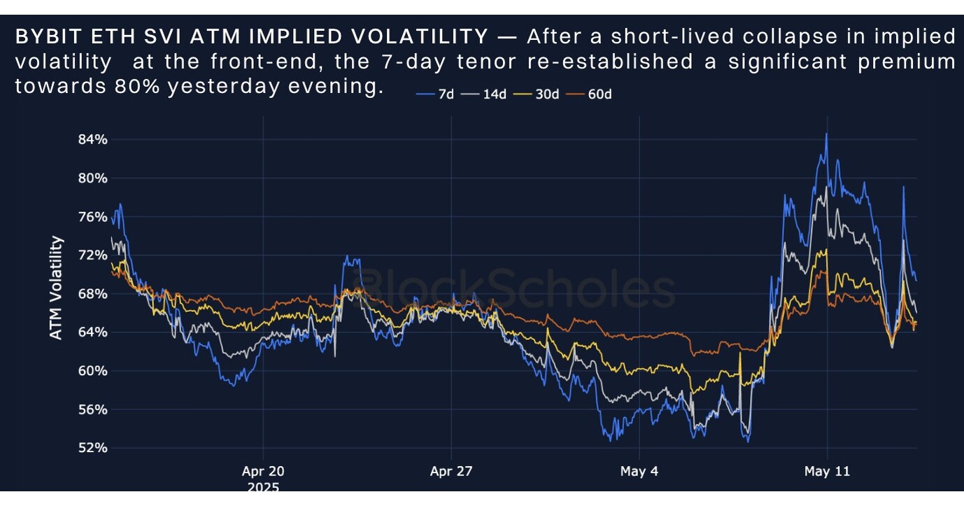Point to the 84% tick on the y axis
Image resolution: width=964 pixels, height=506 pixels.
pos(92,139)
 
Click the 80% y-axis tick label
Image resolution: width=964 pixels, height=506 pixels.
pos(92,178)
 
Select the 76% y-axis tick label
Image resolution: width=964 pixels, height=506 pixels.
pos(92,216)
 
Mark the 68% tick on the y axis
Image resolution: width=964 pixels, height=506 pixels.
pos(92,293)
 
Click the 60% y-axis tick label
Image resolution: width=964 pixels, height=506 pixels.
pos(92,370)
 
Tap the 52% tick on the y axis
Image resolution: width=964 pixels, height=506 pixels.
pos(92,447)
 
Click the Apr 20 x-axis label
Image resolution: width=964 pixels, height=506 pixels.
pos(263,471)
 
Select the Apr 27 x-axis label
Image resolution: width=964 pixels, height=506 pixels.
pos(451,471)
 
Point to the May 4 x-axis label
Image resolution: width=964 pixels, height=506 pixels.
pos(639,471)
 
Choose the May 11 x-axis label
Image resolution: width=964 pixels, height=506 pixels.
pos(827,471)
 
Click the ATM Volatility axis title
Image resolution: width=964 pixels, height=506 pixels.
pos(56,288)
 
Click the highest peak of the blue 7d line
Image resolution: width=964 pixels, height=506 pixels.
pos(826,134)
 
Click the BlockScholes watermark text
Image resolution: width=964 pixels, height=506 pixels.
pos(518,288)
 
